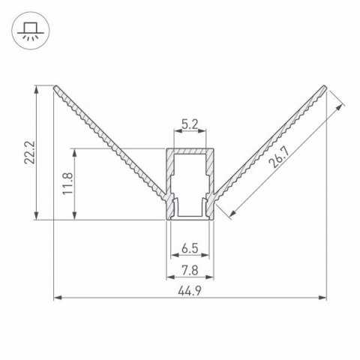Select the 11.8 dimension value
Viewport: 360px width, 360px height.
pyautogui.click(x=67, y=183)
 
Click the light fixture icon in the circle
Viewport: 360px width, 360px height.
pyautogui.click(x=31, y=31)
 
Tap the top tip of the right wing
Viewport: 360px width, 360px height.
pyautogui.click(x=325, y=86)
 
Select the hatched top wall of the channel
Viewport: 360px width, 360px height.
pyautogui.click(x=190, y=151)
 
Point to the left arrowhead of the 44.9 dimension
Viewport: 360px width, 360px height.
pyautogui.click(x=58, y=299)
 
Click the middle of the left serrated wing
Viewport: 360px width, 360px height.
pyautogui.click(x=112, y=142)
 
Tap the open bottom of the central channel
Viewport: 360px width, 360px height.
pyautogui.click(x=190, y=219)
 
